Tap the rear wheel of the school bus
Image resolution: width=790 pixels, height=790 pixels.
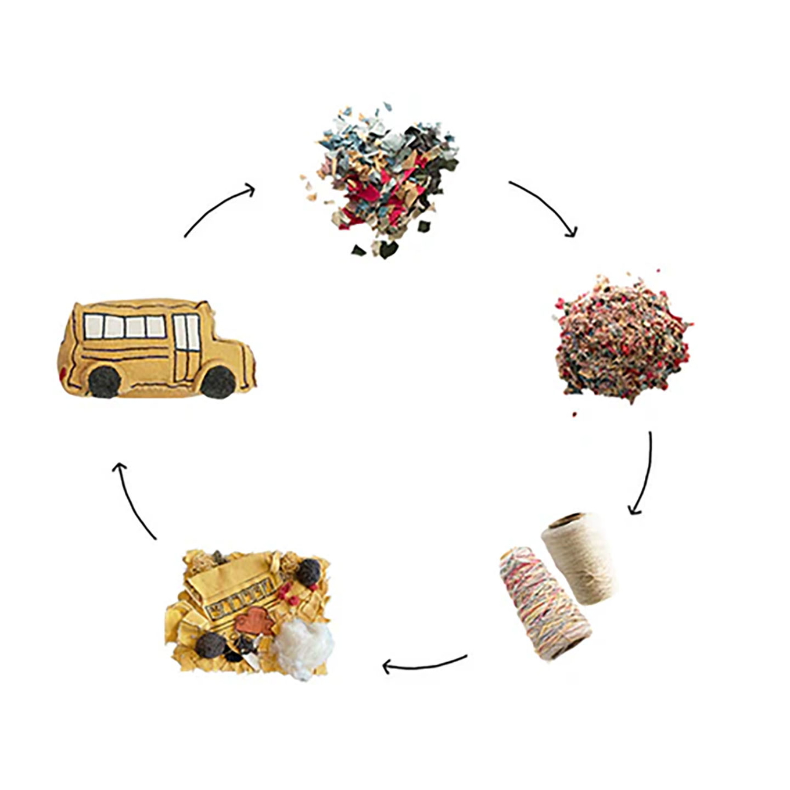point(105,382)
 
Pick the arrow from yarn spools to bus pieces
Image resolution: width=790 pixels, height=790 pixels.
point(424,664)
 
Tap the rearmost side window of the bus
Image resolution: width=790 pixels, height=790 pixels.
point(94,326)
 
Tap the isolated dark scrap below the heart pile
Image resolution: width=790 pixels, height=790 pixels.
point(359,250)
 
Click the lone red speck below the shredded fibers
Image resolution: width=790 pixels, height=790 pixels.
point(574,414)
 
